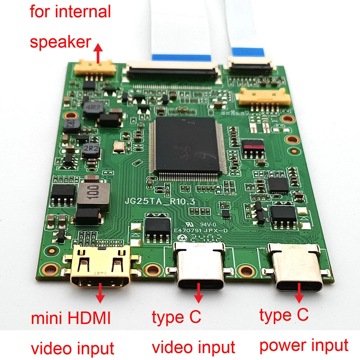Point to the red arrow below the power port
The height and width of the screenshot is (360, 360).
(299, 293)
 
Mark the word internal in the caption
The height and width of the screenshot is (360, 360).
(83, 12)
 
